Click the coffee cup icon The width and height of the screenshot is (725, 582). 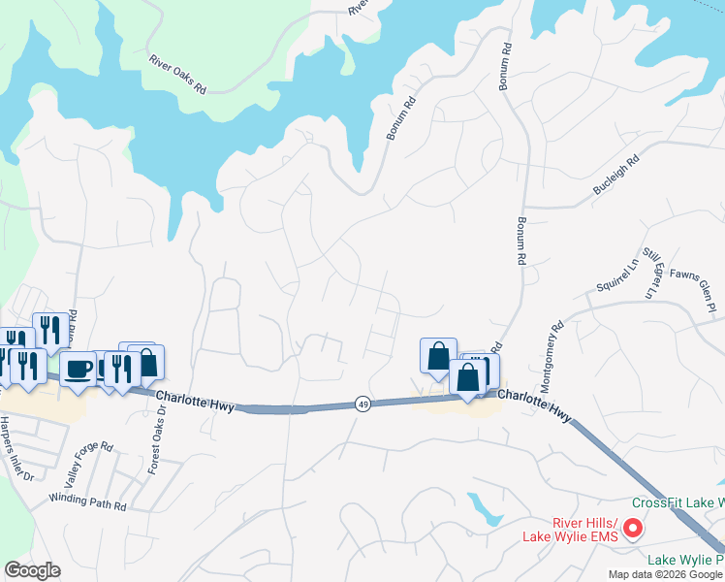point(79,368)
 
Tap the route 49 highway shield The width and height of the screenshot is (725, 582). point(362,403)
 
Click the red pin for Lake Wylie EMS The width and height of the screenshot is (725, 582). point(632,529)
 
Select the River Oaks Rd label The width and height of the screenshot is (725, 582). point(177,74)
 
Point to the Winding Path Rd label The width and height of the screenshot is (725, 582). point(89,505)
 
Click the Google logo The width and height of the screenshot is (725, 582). point(32,570)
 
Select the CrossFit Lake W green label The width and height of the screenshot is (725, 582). point(678,502)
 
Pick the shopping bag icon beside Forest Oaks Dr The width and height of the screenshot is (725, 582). point(148,363)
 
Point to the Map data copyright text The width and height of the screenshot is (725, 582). point(665,574)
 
